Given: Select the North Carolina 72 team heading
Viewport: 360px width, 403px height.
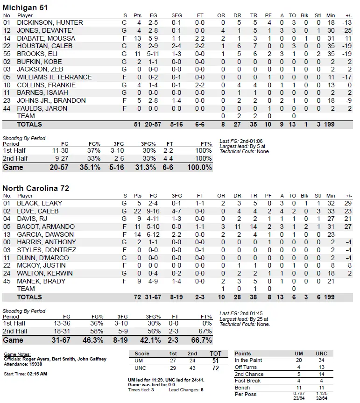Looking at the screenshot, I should [x=36, y=188].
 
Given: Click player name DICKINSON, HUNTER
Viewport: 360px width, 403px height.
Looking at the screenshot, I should [x=50, y=22].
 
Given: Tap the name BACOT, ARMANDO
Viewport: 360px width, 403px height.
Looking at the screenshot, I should [x=46, y=226].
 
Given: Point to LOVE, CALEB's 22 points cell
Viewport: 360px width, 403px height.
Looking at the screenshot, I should [x=137, y=211].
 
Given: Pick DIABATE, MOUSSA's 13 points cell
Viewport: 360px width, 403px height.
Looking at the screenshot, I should [x=137, y=38].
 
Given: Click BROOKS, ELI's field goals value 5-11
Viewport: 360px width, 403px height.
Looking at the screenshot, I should [x=154, y=54].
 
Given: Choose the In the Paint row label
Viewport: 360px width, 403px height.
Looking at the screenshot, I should [x=248, y=361].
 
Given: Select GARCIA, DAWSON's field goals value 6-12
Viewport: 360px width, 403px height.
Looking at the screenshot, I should [x=154, y=234].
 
